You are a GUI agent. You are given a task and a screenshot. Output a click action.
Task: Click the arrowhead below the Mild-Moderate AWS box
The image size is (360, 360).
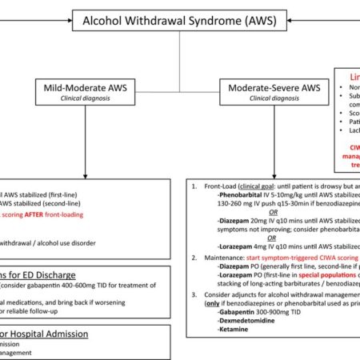tap(85, 174)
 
